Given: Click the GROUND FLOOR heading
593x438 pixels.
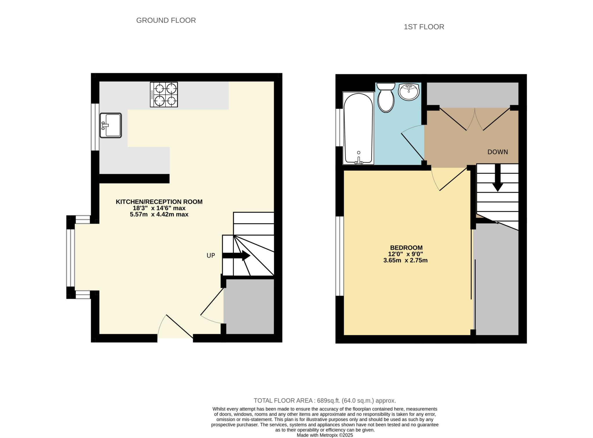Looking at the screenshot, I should point(166,21).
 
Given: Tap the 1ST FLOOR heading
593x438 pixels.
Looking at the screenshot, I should point(424,27).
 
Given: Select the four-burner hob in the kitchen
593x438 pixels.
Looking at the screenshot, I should point(164,95).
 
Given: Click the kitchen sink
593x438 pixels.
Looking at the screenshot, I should point(111,125).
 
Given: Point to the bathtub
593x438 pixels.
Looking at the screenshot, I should point(358,128).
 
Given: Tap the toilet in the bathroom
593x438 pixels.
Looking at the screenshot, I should point(386,97).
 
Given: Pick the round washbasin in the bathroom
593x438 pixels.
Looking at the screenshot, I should point(409,92).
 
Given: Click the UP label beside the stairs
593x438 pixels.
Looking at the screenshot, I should point(211,255).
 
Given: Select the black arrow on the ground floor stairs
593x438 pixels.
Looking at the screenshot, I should point(236,255).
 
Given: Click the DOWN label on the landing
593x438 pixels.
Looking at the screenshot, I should point(497,152).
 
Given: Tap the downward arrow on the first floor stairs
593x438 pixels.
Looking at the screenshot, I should point(497,178).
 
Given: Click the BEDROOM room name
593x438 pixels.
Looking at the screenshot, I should point(406,248).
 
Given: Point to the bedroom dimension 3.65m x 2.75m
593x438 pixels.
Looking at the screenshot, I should point(405,260).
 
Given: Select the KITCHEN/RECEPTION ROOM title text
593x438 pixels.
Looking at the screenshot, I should point(159,202).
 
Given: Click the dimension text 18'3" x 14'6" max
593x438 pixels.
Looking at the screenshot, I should point(159,208).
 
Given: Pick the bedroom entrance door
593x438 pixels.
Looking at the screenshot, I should point(450,179).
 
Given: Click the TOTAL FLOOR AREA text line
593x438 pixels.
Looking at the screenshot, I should point(325,401).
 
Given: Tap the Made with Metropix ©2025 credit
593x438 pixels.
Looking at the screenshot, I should point(325,435).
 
